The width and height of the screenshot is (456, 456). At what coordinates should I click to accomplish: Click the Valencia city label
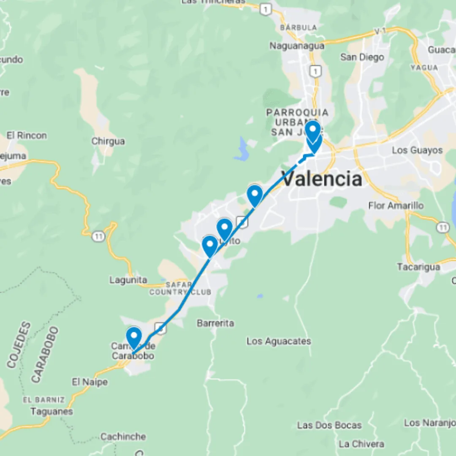[322, 179]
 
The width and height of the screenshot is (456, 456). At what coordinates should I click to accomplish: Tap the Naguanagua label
[297, 46]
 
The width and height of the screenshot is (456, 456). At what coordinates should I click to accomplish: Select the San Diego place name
[362, 57]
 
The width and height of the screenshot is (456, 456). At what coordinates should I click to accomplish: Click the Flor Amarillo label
[396, 206]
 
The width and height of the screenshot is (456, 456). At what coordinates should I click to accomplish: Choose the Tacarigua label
[418, 267]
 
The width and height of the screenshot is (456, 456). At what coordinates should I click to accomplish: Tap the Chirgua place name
[108, 141]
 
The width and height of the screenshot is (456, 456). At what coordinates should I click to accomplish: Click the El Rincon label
[27, 136]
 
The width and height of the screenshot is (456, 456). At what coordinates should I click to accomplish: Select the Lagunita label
[128, 280]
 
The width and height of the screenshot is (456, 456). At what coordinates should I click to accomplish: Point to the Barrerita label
[215, 323]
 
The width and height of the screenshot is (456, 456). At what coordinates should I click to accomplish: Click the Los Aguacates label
[279, 341]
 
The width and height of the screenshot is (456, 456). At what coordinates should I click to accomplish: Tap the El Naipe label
[90, 382]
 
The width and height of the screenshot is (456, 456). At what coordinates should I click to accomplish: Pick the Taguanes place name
[52, 411]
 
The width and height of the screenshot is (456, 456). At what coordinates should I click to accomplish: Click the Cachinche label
[123, 437]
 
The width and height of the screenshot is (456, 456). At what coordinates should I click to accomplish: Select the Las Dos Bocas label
[329, 425]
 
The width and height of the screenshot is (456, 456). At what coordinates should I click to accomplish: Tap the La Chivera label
[361, 444]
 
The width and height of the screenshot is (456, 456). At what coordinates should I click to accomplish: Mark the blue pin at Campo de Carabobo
[134, 337]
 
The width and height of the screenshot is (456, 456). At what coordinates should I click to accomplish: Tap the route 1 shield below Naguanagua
[314, 71]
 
